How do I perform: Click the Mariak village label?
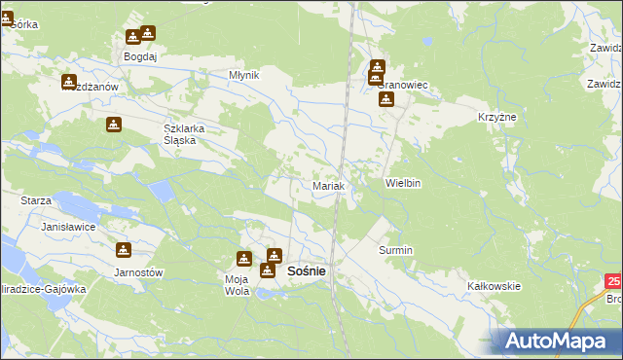click(x=328, y=185)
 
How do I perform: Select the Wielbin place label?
click(x=402, y=183)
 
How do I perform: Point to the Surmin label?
click(x=395, y=250)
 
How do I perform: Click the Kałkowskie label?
click(x=495, y=286)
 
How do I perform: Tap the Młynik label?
click(x=243, y=75)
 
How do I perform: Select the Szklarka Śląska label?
click(x=180, y=134)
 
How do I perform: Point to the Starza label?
click(x=35, y=199)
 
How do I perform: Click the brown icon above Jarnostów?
click(x=124, y=250)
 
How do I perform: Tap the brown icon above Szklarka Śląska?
click(x=113, y=125)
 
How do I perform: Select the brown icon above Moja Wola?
click(x=243, y=260)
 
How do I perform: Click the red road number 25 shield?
click(x=613, y=281)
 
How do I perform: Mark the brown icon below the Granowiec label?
click(x=386, y=99)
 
